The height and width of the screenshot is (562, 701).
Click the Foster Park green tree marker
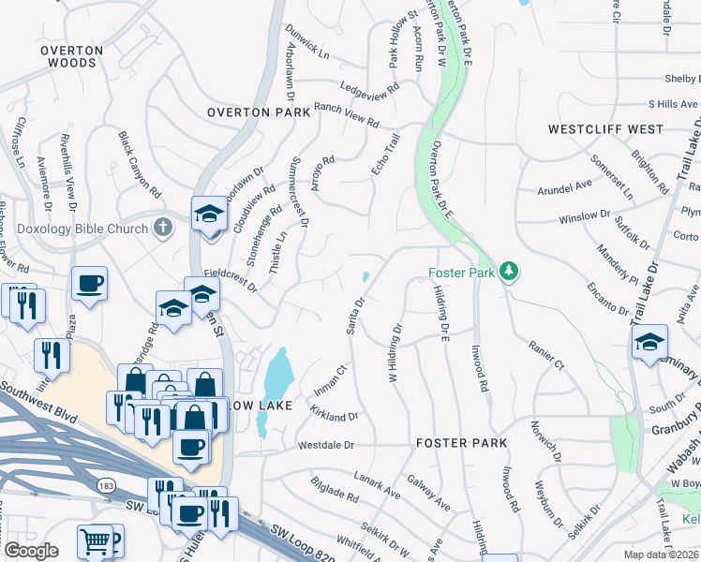pyautogui.click(x=509, y=272)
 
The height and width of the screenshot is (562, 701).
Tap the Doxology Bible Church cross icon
pyautogui.click(x=163, y=227)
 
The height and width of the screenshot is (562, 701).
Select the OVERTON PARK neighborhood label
pyautogui.click(x=259, y=112)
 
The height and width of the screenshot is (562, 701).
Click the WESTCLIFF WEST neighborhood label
pyautogui.click(x=605, y=129)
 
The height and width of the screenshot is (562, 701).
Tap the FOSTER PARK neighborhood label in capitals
pyautogui.click(x=461, y=442)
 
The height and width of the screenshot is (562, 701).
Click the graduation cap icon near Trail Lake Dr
pyautogui.click(x=648, y=343)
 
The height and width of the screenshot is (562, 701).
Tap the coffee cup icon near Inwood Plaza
pyautogui.click(x=90, y=282)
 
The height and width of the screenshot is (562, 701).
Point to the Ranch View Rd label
pyautogui.click(x=347, y=116)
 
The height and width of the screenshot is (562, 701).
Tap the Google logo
pyautogui.click(x=32, y=550)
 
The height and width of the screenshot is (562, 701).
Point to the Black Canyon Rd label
pyautogui.click(x=140, y=163)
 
